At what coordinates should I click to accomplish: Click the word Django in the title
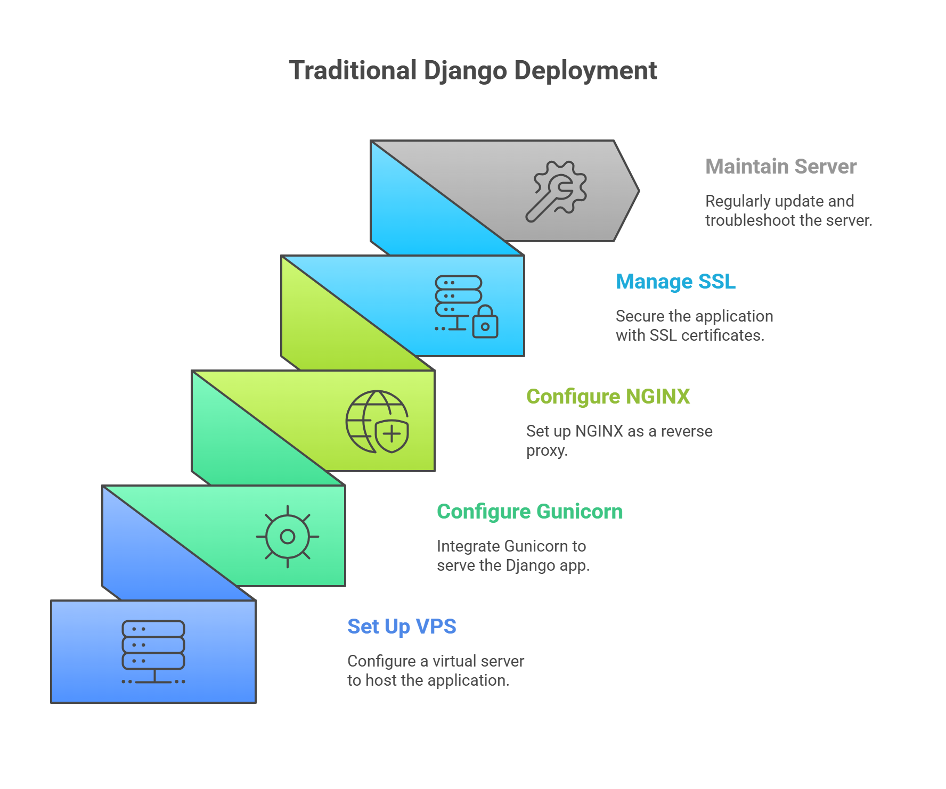coord(465,71)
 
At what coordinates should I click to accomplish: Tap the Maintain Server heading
coord(781,167)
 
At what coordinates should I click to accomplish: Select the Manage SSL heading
coord(676,282)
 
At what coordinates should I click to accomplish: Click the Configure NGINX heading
coord(608,397)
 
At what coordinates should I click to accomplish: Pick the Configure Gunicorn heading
coord(529,512)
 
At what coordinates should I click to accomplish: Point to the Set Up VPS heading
coord(402,627)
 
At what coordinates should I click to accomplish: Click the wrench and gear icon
coord(556,191)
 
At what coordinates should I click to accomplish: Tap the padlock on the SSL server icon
coord(485,323)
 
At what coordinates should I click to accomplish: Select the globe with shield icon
coord(377,422)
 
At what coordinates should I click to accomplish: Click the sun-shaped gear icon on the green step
coord(288,536)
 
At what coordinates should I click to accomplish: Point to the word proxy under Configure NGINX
coord(547,451)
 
